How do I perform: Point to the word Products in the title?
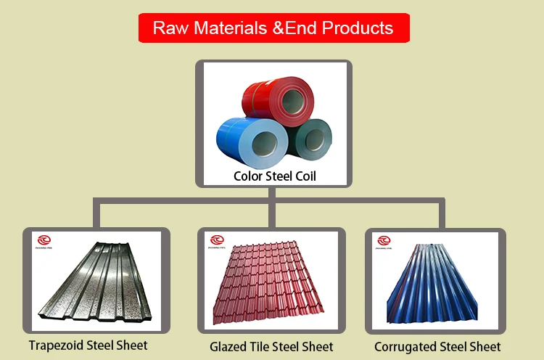pyautogui.click(x=358, y=28)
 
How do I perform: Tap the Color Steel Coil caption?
pyautogui.click(x=275, y=176)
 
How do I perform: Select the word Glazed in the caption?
pyautogui.click(x=229, y=347)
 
